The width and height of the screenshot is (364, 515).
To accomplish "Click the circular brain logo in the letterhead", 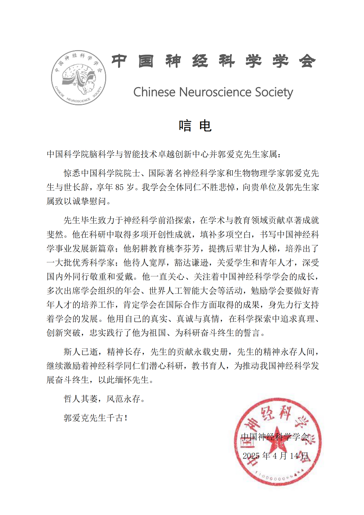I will point(78,77).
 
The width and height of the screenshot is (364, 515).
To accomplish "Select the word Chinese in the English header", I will point(154,92).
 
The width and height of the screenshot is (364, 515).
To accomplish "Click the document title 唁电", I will point(195,126).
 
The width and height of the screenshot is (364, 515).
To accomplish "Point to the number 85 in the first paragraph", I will point(119,187).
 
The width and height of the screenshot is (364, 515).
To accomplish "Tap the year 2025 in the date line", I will point(251,456).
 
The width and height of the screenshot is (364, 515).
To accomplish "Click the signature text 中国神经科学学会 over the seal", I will point(275,437).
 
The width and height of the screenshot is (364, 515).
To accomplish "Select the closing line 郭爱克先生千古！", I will point(95,418).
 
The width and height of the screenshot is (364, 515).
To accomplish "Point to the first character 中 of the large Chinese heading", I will point(119,61).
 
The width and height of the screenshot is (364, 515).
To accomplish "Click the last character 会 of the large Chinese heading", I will point(307,61).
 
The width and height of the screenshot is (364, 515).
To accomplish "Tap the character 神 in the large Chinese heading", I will point(173,61).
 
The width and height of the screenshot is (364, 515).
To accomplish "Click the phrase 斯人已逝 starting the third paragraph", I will point(81,352).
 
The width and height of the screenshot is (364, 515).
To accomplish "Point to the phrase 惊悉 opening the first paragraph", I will point(72,173).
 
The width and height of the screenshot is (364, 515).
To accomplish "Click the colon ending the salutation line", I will point(280,155).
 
